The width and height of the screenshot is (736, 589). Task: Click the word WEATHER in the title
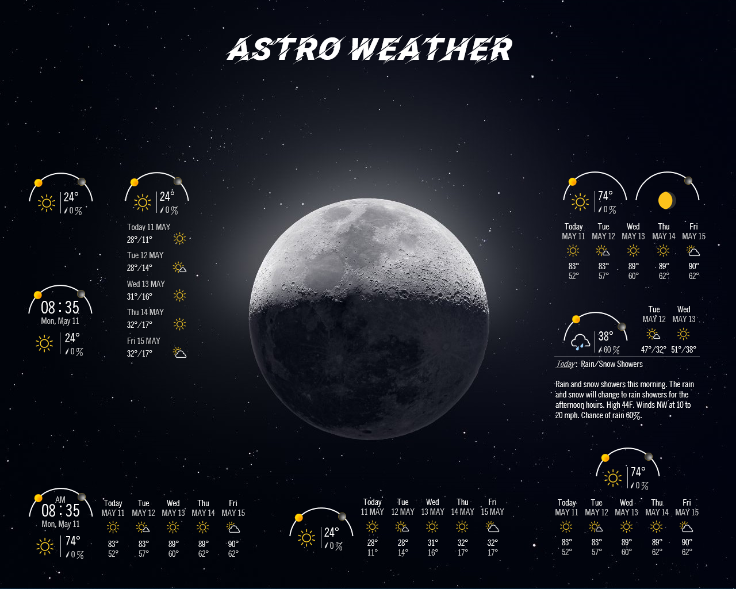[430, 48]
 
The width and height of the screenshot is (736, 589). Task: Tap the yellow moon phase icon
[666, 200]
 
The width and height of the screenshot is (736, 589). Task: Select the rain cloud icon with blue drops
[580, 342]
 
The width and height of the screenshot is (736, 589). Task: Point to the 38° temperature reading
[605, 336]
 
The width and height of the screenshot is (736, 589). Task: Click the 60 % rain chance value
[611, 350]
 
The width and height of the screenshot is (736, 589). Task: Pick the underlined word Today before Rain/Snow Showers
[565, 364]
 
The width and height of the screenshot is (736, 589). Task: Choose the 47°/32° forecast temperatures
[654, 349]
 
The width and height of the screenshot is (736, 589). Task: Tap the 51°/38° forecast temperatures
[683, 349]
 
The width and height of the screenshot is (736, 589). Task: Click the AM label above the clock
[60, 500]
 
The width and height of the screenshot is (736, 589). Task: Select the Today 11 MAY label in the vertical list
[148, 227]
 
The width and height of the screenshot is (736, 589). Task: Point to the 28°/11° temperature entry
[139, 240]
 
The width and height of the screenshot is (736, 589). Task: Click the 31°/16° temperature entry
[139, 296]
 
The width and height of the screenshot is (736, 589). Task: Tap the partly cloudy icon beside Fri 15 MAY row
[179, 353]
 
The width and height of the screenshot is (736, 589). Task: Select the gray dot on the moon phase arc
[688, 181]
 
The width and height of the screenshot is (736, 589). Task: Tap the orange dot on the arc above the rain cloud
[576, 319]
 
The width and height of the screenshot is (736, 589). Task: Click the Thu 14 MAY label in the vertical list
[145, 312]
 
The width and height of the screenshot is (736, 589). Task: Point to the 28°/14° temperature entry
[139, 267]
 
